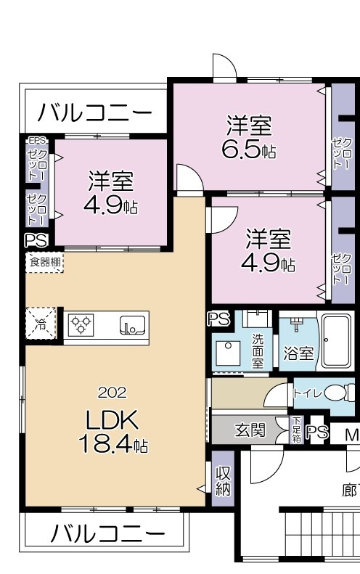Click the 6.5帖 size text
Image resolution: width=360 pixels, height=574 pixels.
coord(248,151)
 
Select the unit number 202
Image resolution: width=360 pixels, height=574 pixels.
coord(112,393)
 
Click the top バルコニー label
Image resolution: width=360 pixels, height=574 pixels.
coord(95,112)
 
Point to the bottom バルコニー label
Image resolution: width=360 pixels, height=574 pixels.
coord(107,534)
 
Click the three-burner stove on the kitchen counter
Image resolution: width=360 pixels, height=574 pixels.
coord(81,324)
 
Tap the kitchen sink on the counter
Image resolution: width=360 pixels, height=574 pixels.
coord(133,325)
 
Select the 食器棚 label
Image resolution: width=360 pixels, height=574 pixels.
coord(45,262)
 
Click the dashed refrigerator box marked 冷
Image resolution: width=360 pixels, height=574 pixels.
coord(40,324)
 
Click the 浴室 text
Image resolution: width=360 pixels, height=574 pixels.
coord(298,353)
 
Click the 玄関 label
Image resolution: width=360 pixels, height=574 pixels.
coord(250,430)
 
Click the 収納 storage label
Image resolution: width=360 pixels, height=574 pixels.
coord(223,480)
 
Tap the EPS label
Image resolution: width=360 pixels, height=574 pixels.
coord(36,141)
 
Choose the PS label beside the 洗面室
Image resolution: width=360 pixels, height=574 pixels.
coord(218,319)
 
